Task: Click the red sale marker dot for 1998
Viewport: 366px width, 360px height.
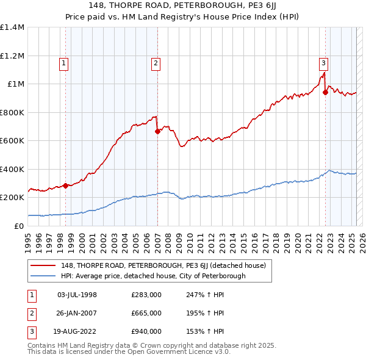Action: (65, 185)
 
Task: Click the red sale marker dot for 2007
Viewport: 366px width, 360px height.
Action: (157, 131)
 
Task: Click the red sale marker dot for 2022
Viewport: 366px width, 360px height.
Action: (325, 93)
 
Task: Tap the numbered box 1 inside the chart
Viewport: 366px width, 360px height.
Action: (64, 62)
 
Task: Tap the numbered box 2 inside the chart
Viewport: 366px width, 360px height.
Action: (156, 62)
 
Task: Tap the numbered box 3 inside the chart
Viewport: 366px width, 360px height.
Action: (323, 62)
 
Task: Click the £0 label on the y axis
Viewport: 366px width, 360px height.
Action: (18, 226)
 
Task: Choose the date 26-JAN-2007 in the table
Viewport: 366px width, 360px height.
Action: (77, 313)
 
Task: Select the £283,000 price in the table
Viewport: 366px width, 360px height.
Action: (146, 295)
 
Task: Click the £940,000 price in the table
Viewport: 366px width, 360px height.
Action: (146, 331)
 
